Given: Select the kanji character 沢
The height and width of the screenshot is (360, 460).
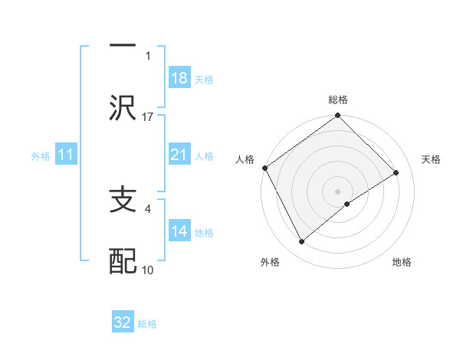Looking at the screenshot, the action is tap(123, 106).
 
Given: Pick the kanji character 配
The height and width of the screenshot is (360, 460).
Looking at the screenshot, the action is tap(123, 261).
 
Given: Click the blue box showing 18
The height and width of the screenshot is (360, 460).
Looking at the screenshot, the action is tap(179, 78).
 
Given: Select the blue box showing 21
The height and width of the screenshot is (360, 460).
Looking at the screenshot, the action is tap(179, 155).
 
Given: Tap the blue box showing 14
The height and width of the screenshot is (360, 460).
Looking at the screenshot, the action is tap(179, 231).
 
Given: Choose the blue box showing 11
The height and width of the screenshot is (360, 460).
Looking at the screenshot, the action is tap(66, 155).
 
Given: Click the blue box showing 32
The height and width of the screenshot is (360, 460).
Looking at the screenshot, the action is tap(123, 322).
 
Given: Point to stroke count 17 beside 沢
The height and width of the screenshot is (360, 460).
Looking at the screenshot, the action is tap(148, 116).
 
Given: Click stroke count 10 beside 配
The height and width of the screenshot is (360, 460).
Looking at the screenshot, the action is tap(148, 270).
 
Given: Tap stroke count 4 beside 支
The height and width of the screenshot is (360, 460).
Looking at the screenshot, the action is tap(148, 207).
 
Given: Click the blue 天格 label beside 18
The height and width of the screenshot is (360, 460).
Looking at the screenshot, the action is tap(204, 79).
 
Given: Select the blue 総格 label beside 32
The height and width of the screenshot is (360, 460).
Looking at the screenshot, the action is tap(147, 324).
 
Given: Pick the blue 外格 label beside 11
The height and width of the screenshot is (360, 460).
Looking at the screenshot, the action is tap(41, 156).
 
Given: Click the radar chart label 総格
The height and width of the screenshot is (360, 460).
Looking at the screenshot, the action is tap(338, 100).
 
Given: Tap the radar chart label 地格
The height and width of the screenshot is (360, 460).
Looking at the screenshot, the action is tap(402, 262).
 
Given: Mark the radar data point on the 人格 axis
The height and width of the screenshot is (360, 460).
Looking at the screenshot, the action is tap(264, 168).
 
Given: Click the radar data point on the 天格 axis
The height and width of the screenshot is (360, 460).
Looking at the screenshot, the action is tap(396, 172).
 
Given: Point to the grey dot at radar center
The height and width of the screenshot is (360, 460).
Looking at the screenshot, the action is tap(337, 191).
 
